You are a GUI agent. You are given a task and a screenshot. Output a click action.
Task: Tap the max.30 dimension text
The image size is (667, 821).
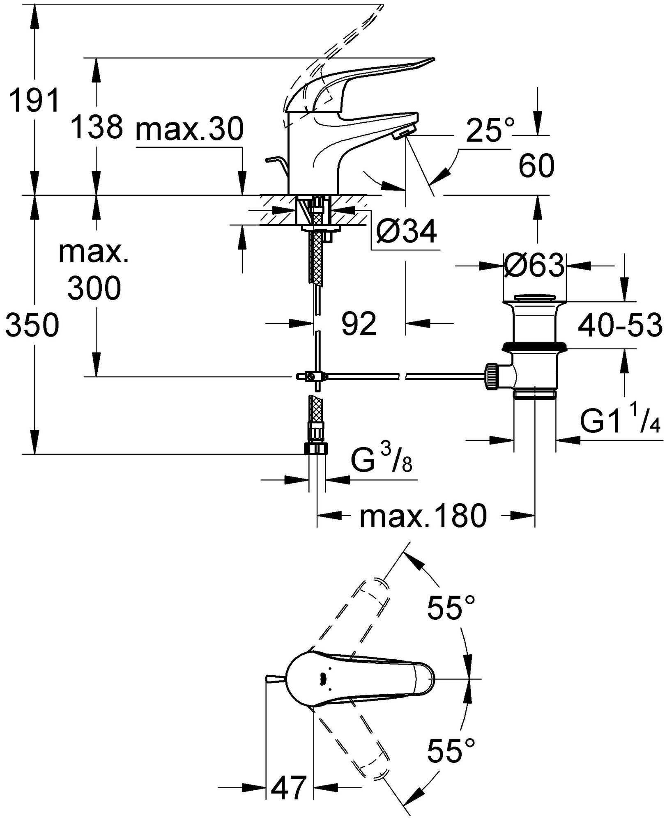tap(190, 128)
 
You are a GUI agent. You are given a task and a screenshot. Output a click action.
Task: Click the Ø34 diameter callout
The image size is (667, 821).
tap(406, 233)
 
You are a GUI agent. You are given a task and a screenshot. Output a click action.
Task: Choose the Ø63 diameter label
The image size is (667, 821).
tap(534, 266)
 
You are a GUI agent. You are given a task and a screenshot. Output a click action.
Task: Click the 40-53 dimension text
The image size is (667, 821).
tap(619, 326)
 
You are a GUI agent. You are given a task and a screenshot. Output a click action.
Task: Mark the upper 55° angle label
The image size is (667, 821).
tap(451, 619)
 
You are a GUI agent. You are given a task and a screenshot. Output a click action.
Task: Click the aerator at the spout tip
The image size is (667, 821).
tap(403, 132)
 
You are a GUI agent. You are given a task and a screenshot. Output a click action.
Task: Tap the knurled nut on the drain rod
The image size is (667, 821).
tap(492, 376)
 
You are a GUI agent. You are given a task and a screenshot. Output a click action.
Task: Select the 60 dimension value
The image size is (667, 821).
tap(536, 166)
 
